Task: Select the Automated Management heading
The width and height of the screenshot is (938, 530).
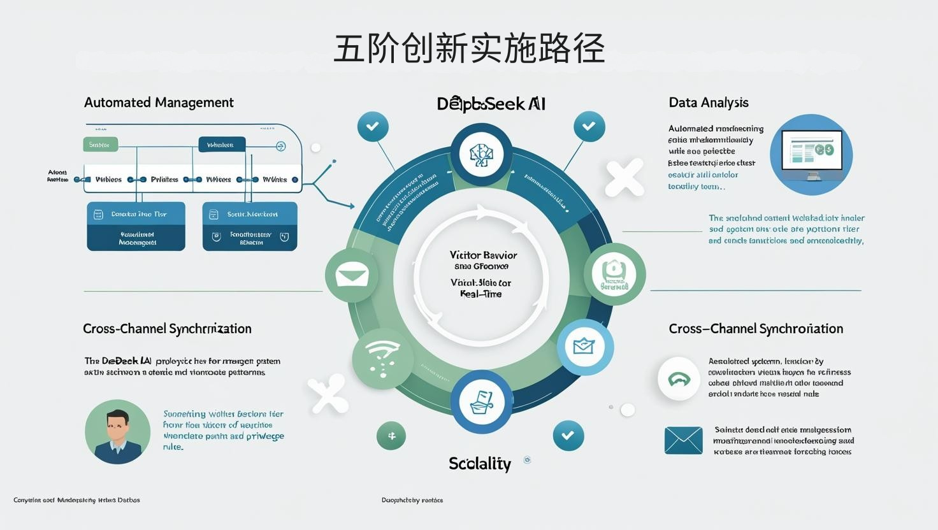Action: pos(159,103)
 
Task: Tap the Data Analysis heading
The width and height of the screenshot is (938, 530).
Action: pos(709,103)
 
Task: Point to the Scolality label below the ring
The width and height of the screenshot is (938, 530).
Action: pos(480,464)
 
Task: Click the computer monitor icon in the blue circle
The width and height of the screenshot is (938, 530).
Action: pos(811,154)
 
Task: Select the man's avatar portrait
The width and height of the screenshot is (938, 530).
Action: pos(117,431)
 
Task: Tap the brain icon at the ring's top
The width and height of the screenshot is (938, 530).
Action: pos(482,154)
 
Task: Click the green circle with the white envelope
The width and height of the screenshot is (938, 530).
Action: pos(352,276)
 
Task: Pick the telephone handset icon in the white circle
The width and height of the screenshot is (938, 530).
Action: pos(679,379)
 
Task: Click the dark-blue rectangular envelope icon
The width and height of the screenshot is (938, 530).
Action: pos(683,440)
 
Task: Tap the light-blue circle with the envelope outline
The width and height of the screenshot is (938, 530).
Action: pos(584,347)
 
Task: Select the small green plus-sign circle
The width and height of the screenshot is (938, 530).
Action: pos(391,436)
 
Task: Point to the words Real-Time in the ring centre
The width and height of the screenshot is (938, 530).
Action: pos(480,294)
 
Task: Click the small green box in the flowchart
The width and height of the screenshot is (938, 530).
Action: pos(100,145)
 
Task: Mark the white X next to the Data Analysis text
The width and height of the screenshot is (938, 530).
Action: pos(624,178)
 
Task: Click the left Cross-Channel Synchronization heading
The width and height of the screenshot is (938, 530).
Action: pos(167,329)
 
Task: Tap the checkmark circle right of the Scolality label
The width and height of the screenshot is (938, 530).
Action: pos(568,436)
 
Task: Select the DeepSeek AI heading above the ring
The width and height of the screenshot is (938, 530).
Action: pos(491,104)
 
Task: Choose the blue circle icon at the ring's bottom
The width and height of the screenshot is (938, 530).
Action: pos(481,403)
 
